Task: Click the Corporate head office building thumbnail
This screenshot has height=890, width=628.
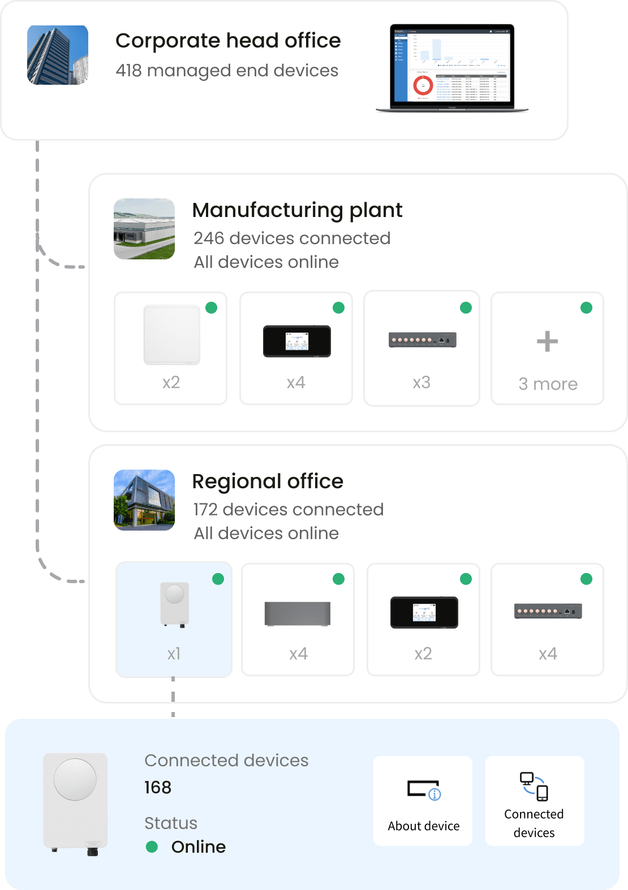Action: tap(58, 55)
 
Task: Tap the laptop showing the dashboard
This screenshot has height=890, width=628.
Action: tap(452, 68)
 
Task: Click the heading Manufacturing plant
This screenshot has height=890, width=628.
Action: tap(297, 210)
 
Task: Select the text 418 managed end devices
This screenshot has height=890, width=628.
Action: tap(227, 71)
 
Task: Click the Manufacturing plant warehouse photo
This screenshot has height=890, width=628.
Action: tap(144, 229)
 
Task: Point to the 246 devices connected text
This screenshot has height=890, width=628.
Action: tap(292, 238)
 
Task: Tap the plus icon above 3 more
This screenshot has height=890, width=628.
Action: tap(547, 341)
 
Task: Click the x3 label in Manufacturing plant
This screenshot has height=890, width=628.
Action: tap(421, 383)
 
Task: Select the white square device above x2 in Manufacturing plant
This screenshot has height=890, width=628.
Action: tap(172, 335)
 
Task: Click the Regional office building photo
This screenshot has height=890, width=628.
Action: tap(144, 500)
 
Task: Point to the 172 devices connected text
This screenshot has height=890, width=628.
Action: tap(289, 510)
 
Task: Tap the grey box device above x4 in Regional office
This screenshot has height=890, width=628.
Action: tap(298, 614)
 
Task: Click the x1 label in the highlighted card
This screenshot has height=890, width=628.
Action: tap(174, 654)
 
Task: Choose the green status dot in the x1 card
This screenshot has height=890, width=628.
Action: tap(218, 579)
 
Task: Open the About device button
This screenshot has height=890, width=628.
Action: tap(423, 801)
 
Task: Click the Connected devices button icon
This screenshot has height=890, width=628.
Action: tap(534, 786)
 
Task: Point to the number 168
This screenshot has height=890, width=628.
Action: tap(158, 787)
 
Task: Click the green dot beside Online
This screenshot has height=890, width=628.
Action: tap(152, 846)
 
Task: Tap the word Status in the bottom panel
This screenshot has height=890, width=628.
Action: tap(171, 823)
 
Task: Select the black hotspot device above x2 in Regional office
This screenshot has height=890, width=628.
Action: tap(424, 613)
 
